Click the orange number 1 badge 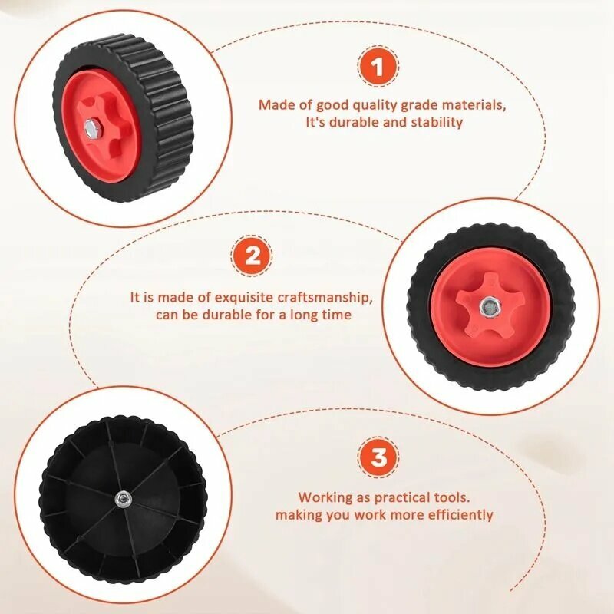click(x=378, y=67)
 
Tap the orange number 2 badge click(x=252, y=256)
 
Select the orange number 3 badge click(x=378, y=457)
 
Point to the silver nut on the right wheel click(x=489, y=305)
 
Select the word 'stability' click(x=437, y=122)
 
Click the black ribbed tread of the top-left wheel click(x=168, y=117)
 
